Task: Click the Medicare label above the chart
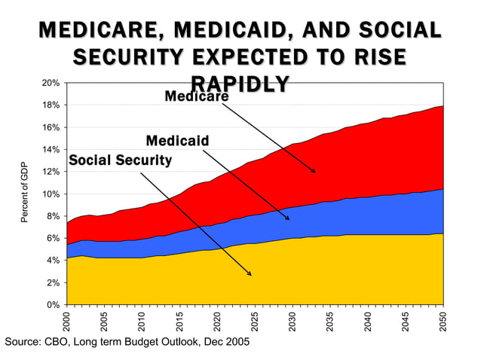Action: pyautogui.click(x=196, y=97)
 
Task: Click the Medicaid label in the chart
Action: pyautogui.click(x=177, y=141)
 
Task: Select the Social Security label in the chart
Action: pyautogui.click(x=120, y=160)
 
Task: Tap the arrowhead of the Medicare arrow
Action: pyautogui.click(x=314, y=172)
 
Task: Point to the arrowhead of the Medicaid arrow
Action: pyautogui.click(x=288, y=219)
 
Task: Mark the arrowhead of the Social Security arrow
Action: pyautogui.click(x=250, y=274)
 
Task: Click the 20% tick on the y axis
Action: pyautogui.click(x=51, y=84)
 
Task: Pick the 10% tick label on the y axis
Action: pyautogui.click(x=51, y=194)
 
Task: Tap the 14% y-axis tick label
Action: pyautogui.click(x=51, y=150)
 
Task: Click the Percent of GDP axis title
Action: pyautogui.click(x=24, y=194)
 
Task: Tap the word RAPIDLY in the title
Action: pyautogui.click(x=240, y=84)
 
